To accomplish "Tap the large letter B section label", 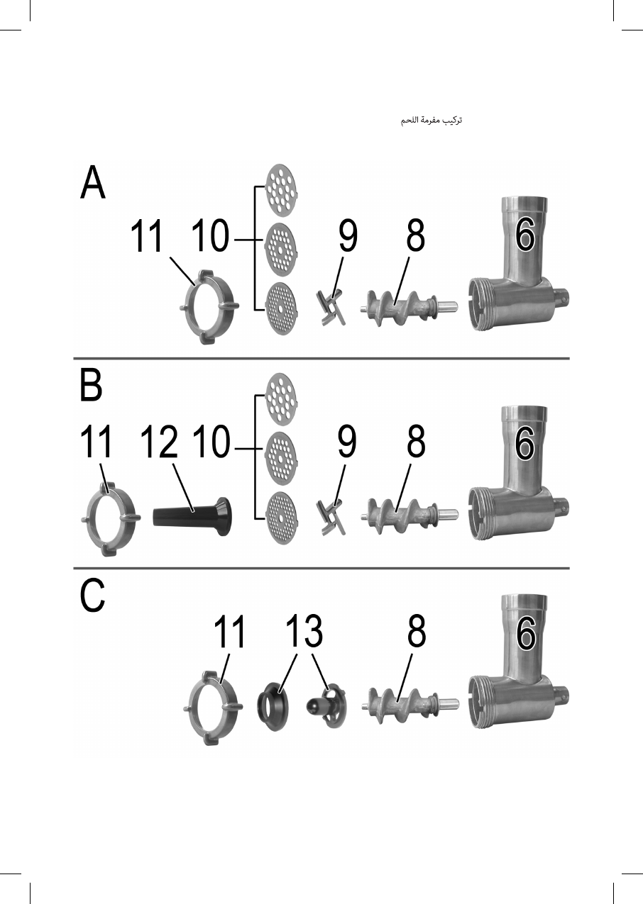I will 92,387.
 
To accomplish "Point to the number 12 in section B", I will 158,443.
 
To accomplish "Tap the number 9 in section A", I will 348,237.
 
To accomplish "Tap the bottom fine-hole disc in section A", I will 282,308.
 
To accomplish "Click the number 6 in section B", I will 524,442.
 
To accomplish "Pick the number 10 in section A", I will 211,237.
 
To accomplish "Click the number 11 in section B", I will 96,443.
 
